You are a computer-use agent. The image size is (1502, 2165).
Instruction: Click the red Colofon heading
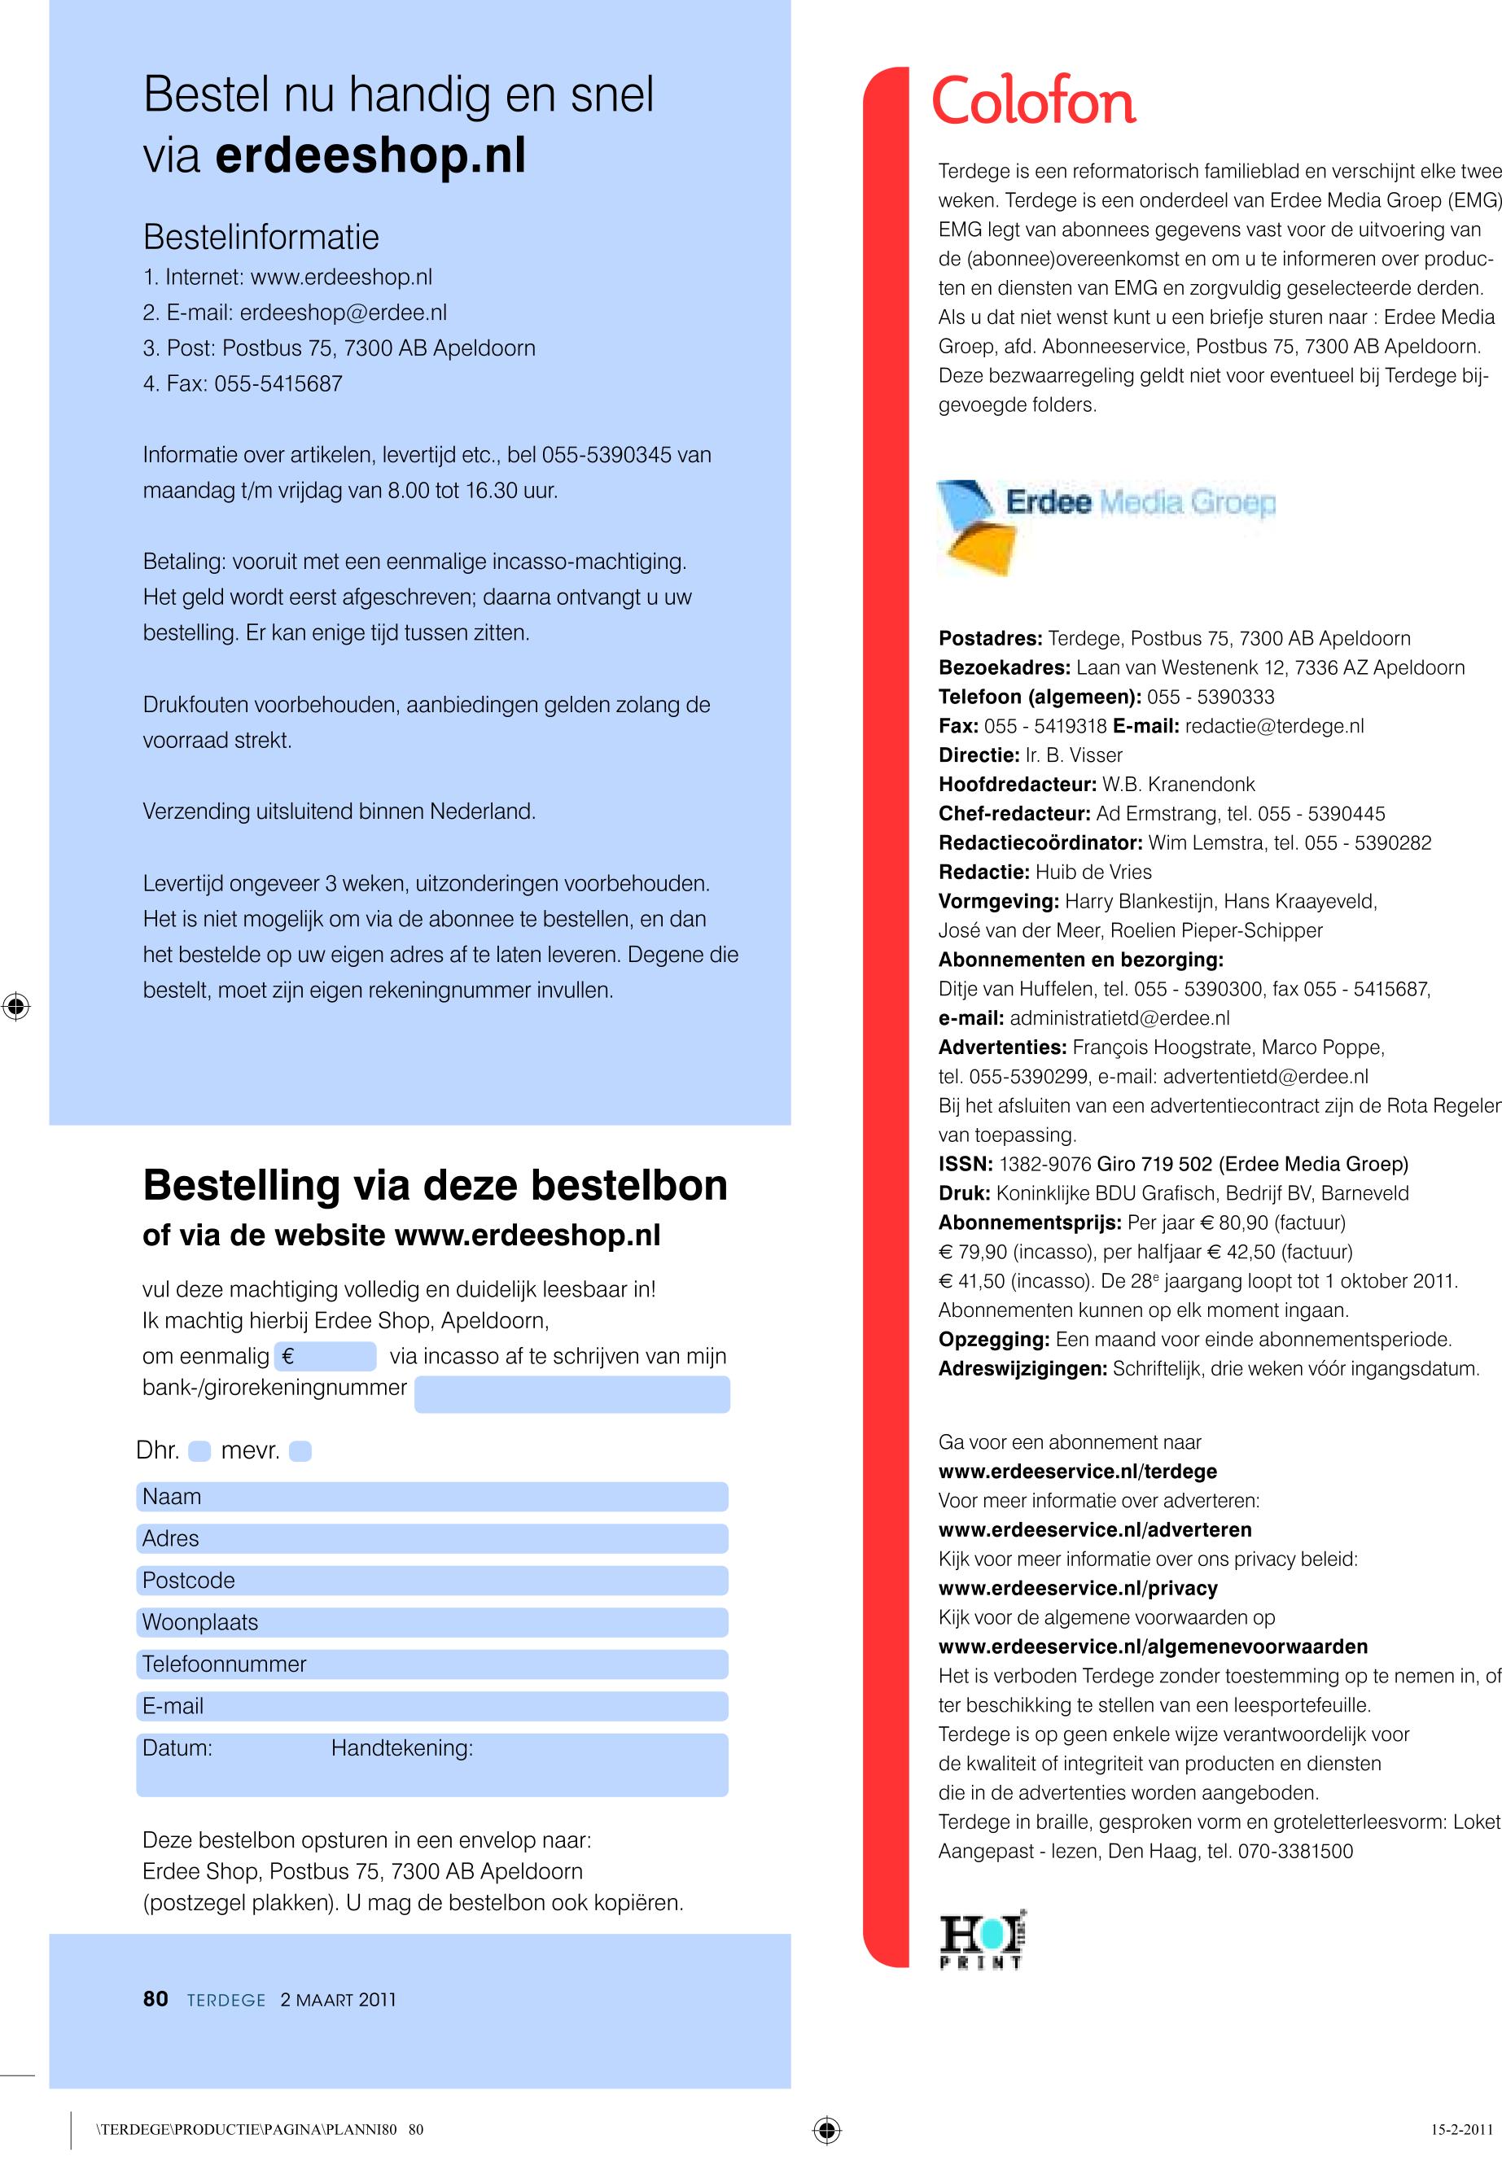coord(1033,102)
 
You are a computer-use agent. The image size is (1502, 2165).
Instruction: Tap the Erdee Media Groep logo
coord(1106,525)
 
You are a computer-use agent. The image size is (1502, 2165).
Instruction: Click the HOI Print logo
coord(981,1941)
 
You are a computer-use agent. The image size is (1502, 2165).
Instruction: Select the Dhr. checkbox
coord(199,1451)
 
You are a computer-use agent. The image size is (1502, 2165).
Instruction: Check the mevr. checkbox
coord(300,1451)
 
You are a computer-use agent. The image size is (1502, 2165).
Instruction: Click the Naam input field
coord(432,1497)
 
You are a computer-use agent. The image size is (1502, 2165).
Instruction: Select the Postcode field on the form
coord(432,1581)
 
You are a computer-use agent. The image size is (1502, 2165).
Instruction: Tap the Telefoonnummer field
coord(432,1664)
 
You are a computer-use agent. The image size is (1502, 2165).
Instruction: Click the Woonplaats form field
coord(432,1622)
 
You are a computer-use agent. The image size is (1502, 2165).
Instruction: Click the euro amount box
coord(326,1356)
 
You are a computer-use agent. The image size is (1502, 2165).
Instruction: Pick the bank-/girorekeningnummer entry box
coord(571,1393)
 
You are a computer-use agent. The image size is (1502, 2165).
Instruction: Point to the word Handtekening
coord(402,1748)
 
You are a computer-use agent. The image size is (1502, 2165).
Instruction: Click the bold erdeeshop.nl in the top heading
coord(370,156)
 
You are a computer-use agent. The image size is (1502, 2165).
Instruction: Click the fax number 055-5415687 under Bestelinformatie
coord(278,384)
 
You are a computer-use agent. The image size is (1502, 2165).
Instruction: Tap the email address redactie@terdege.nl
coord(1274,726)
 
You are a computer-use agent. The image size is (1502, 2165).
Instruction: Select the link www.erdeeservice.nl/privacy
coord(1078,1588)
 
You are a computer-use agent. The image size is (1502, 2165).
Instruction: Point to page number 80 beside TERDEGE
coord(155,2000)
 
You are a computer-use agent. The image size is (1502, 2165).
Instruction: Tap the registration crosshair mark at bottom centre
coord(826,2130)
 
